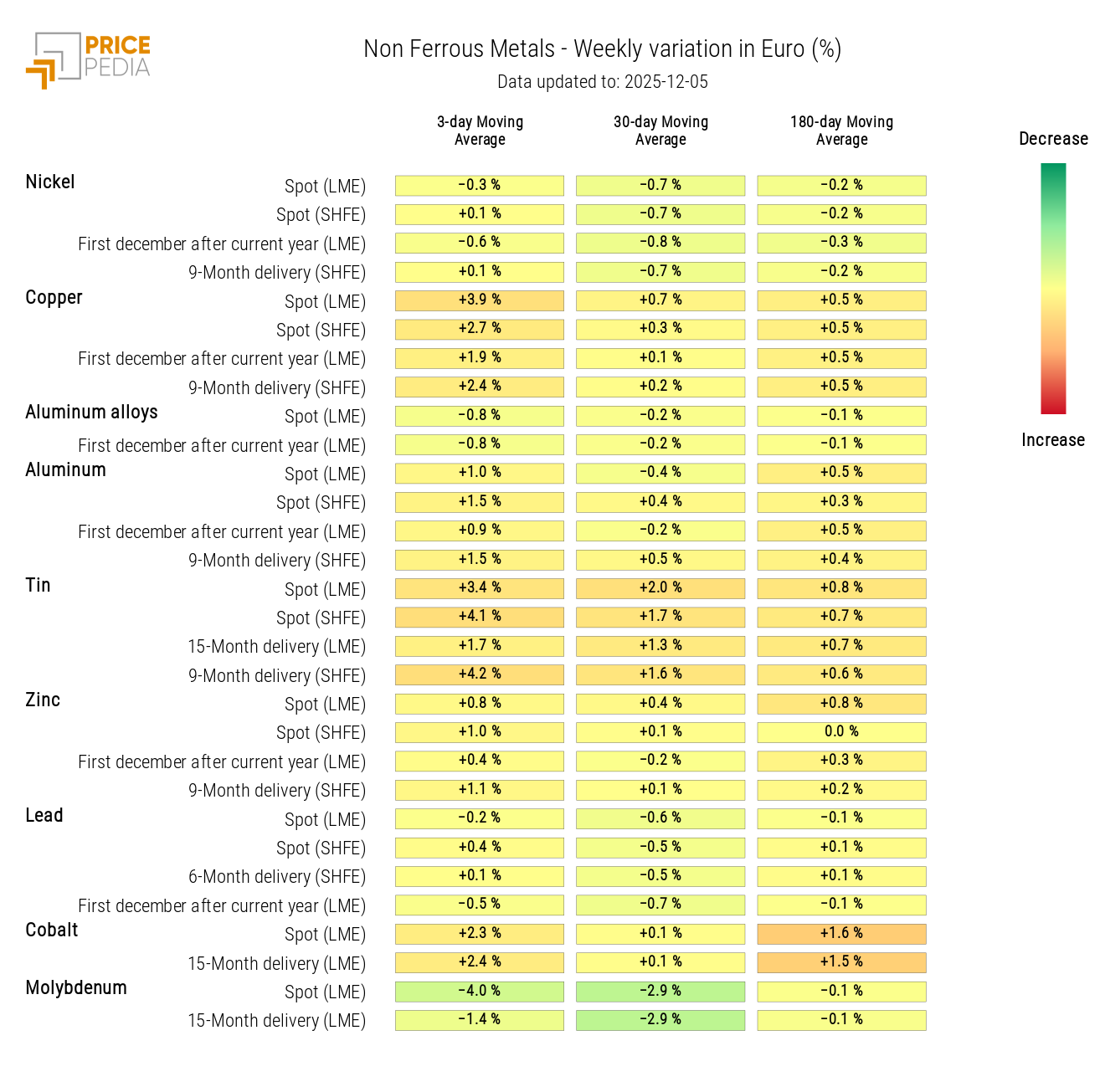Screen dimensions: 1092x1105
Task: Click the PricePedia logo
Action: click(89, 59)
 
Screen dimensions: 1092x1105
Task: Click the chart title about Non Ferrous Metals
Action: click(602, 49)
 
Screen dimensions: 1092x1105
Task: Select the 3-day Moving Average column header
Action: click(480, 131)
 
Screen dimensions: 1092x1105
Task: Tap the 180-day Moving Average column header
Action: click(841, 131)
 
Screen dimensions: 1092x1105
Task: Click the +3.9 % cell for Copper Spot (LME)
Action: click(480, 300)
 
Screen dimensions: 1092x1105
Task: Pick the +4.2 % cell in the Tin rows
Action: click(480, 674)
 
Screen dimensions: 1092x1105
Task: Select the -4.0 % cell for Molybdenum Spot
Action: click(480, 992)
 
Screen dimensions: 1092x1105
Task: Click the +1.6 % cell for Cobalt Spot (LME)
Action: click(841, 934)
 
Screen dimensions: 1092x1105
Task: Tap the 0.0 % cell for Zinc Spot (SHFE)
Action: click(841, 732)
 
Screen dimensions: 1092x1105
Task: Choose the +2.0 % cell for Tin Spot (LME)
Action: click(660, 588)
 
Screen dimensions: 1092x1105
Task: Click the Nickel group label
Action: click(50, 182)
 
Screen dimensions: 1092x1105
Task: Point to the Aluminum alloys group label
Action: click(91, 413)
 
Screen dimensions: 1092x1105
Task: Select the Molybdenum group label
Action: click(76, 988)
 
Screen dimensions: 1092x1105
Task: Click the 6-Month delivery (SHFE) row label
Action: click(277, 877)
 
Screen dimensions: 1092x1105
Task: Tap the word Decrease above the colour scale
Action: click(1053, 139)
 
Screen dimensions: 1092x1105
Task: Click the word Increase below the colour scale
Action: click(1053, 440)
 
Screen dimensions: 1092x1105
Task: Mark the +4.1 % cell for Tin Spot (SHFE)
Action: click(480, 617)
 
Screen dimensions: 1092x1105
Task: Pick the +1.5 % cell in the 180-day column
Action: click(841, 962)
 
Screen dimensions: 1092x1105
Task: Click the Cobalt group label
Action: click(52, 931)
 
